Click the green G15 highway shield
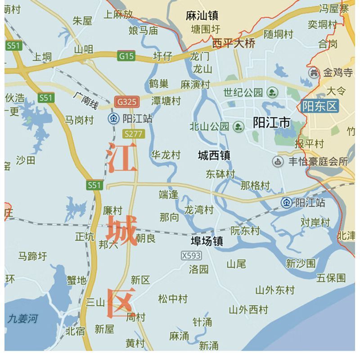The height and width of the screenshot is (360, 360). [126, 56]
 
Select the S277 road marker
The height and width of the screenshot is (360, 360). [133, 134]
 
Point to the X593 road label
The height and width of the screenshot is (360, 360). [191, 256]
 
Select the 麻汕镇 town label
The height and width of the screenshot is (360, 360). [202, 16]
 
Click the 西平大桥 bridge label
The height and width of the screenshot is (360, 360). [234, 43]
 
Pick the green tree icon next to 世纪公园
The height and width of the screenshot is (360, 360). [272, 93]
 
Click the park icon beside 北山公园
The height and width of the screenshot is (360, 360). [238, 126]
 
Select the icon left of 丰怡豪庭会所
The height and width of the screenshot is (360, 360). [279, 161]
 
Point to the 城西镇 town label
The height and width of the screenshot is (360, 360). [214, 156]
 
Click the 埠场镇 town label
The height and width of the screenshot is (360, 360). [206, 242]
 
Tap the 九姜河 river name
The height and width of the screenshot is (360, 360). [22, 319]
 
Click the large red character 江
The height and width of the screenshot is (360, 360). [122, 158]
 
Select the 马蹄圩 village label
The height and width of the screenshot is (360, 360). [32, 256]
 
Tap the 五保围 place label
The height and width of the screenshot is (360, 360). [331, 278]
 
